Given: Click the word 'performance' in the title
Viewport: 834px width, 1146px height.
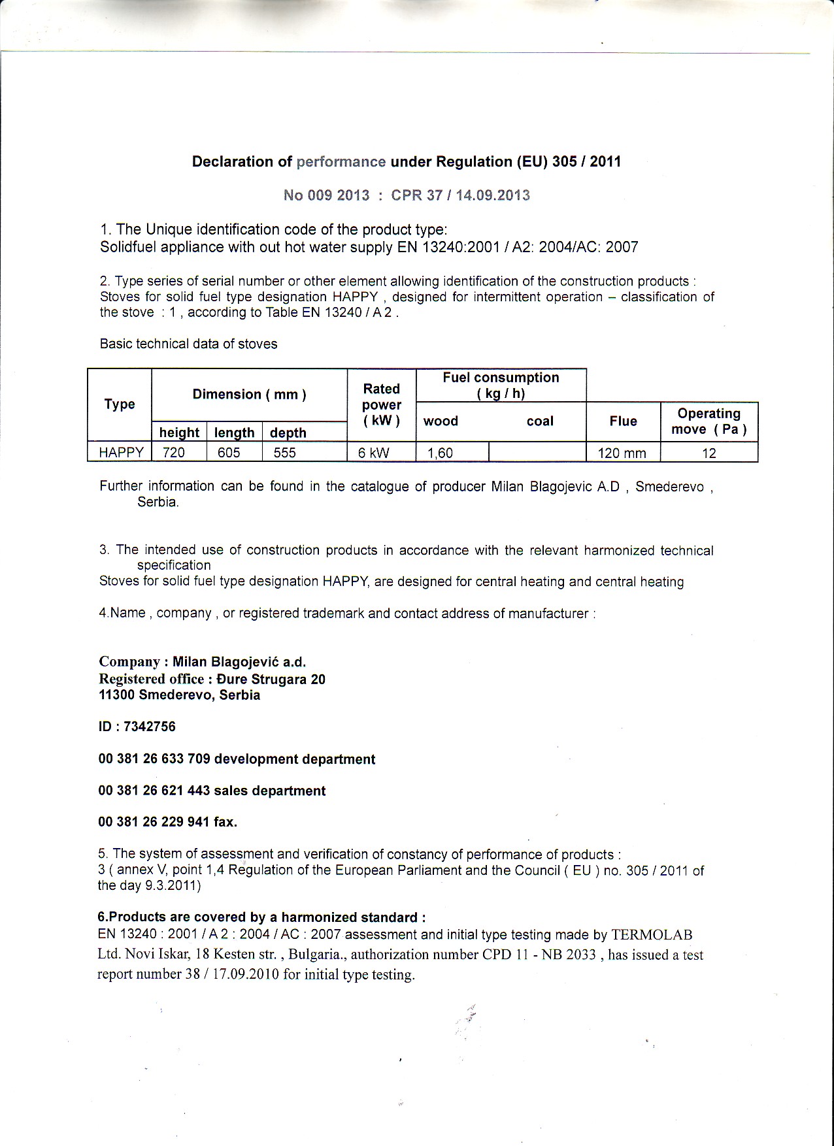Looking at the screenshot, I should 341,162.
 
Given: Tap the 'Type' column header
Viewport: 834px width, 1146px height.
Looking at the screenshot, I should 120,404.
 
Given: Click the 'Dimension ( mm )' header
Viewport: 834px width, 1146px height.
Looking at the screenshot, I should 249,395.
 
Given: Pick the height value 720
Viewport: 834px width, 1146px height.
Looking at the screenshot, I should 174,453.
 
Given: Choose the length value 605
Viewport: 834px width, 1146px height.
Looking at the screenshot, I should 229,453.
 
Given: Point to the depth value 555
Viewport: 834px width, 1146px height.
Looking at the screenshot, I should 285,453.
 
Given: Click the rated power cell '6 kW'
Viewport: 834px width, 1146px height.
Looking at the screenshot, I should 374,453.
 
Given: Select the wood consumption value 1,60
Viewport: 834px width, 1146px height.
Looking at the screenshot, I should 441,453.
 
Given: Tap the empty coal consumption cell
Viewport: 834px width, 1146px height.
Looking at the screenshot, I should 537,452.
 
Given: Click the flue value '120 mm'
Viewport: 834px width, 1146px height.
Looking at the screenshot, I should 622,453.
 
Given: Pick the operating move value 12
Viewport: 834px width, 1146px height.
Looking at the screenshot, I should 709,453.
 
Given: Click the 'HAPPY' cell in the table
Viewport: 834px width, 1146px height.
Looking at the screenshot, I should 121,453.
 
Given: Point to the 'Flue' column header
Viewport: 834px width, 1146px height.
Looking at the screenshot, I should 623,421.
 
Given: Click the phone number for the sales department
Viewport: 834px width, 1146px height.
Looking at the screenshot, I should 154,791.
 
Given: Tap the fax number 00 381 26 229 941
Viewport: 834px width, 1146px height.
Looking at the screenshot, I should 154,822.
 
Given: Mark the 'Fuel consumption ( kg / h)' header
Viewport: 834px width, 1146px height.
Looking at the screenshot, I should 501,385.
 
